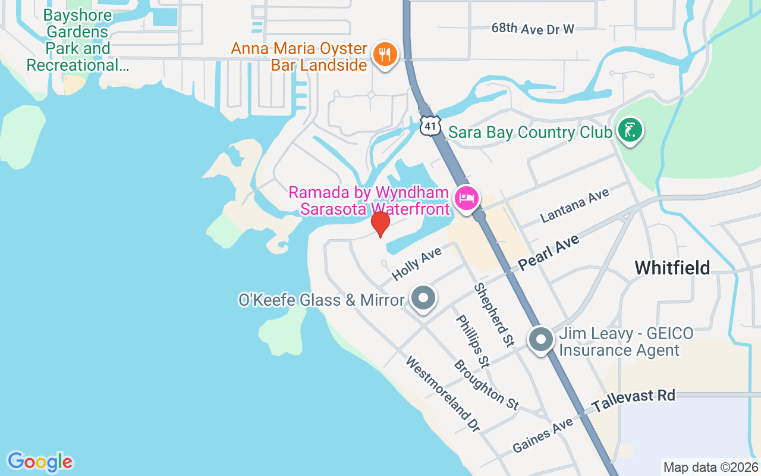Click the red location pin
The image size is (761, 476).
coord(380,224)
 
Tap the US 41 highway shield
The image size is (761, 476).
coord(430,125)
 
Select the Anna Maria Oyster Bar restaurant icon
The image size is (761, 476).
coord(385,55)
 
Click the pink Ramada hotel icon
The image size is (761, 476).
coord(467,198)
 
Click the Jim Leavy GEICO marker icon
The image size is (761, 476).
coord(541,340)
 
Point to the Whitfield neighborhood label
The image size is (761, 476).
coord(672,268)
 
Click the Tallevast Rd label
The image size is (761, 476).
coord(634,401)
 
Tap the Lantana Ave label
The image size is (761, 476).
coord(575,205)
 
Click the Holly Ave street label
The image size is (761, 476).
coord(417,264)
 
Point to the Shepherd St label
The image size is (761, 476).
coord(493,315)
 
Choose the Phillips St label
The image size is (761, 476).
coord(473,340)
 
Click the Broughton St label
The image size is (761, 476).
coord(486,384)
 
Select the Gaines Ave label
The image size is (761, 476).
coord(543,435)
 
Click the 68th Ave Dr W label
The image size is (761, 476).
coord(533,29)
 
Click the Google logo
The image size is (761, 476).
coord(40,462)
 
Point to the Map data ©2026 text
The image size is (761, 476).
coord(710,468)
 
